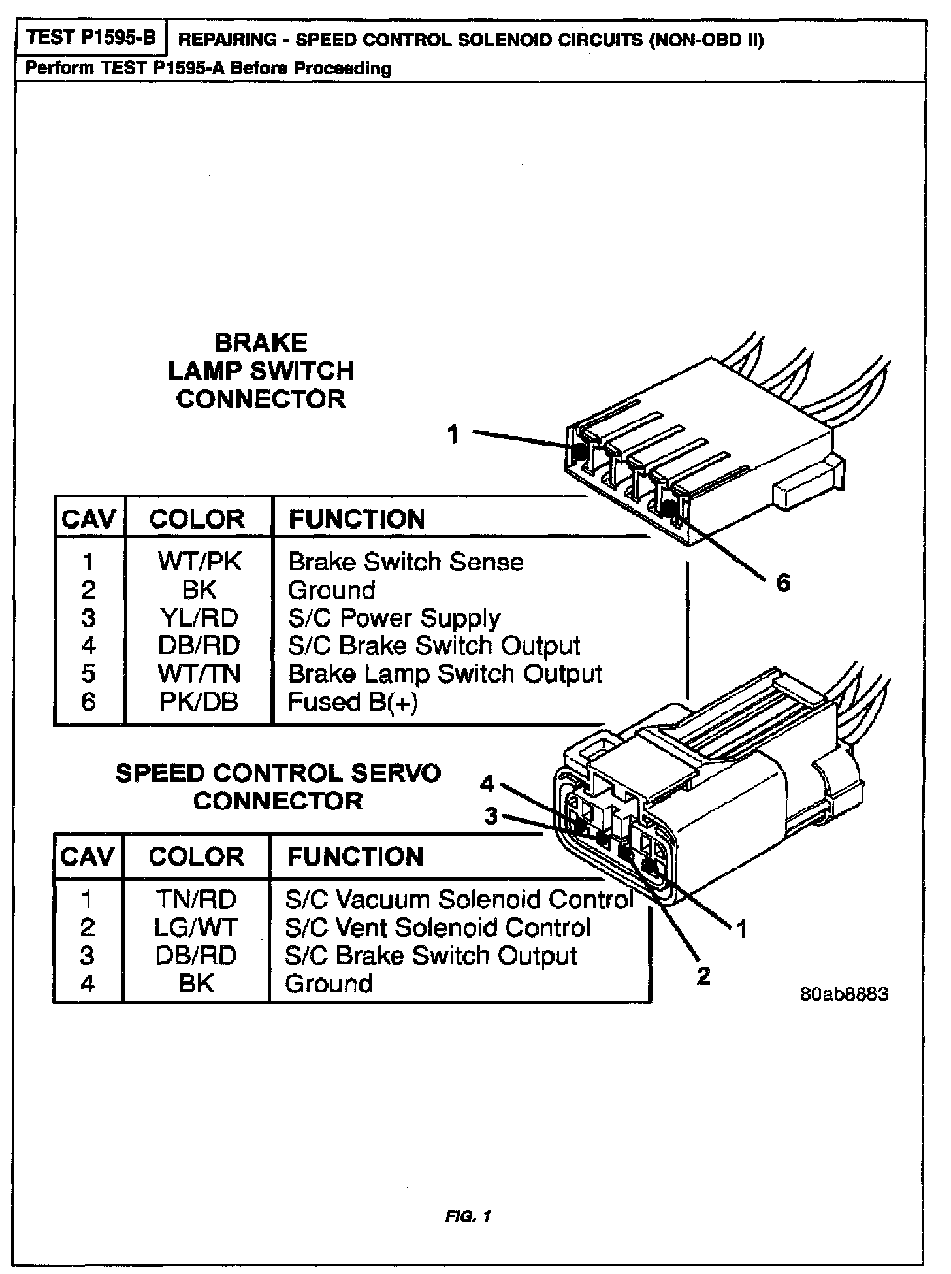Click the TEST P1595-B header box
91,37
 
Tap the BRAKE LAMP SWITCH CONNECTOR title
261,370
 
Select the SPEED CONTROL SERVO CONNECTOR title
278,787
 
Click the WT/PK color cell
199,562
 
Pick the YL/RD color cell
199,617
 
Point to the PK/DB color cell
199,702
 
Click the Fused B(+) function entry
353,702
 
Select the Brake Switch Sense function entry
406,562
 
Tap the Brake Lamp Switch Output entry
445,674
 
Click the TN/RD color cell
196,900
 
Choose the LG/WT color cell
196,928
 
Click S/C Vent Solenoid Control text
438,928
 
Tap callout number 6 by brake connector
783,581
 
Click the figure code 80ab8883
844,994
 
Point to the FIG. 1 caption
468,1216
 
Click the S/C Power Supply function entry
394,617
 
